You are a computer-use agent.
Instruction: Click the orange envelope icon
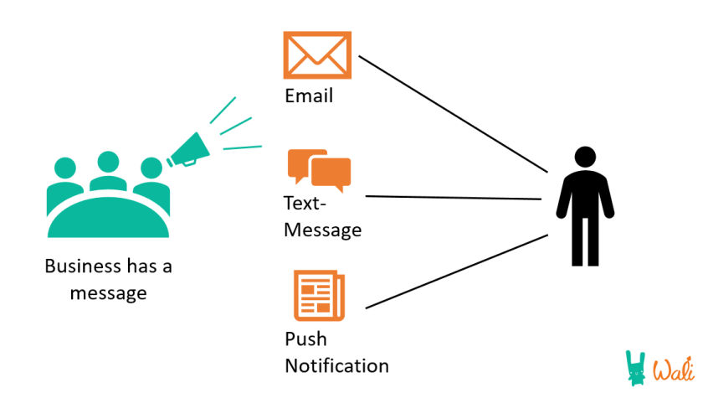317,55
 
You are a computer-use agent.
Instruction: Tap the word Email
309,96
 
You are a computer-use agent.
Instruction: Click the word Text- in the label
306,204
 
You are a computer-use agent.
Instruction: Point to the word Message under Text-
322,229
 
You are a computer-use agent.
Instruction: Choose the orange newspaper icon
318,295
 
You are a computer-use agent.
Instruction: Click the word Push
305,339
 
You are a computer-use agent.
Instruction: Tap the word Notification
336,366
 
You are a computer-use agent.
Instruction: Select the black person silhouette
585,206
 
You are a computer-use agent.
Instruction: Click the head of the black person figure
585,157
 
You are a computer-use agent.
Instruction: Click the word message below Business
108,293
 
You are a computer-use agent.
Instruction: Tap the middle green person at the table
107,171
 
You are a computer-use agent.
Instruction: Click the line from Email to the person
452,114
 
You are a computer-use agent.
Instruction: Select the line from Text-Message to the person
452,198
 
